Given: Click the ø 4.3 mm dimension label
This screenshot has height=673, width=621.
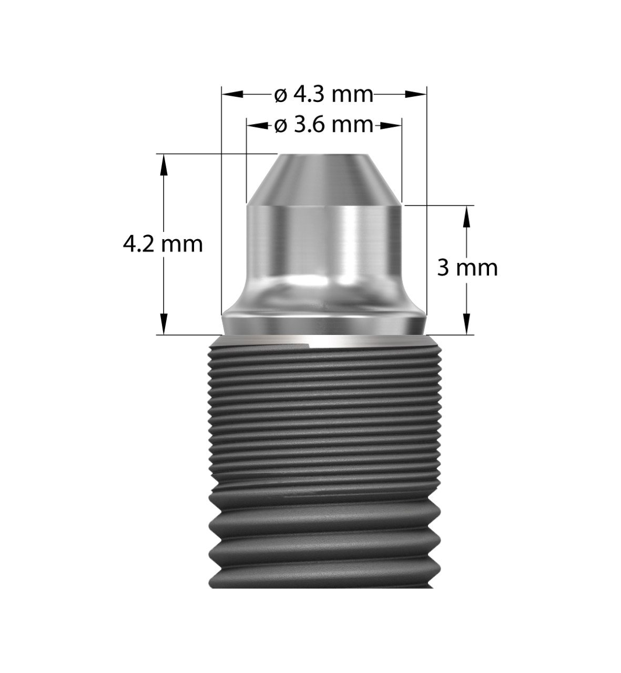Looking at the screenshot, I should point(324,95).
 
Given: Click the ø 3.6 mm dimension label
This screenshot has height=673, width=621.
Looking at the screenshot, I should point(324,126).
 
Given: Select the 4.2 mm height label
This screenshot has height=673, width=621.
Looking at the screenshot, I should point(162,244).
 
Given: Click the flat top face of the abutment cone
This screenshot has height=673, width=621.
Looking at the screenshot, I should point(324,155).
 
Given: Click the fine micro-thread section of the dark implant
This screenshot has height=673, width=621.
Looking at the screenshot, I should point(324,410).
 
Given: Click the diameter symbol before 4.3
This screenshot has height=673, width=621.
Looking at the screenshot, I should point(281,95).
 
